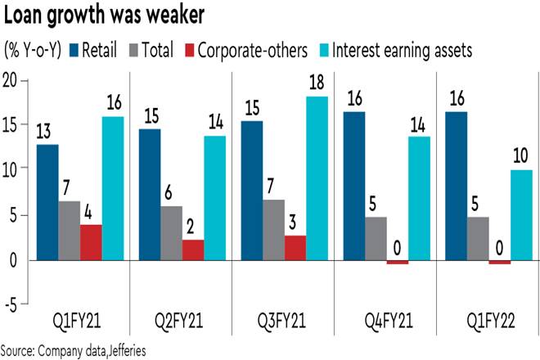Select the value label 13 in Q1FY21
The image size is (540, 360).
click(x=47, y=132)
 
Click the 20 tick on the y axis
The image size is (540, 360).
click(x=12, y=79)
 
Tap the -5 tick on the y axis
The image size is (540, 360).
click(x=12, y=306)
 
